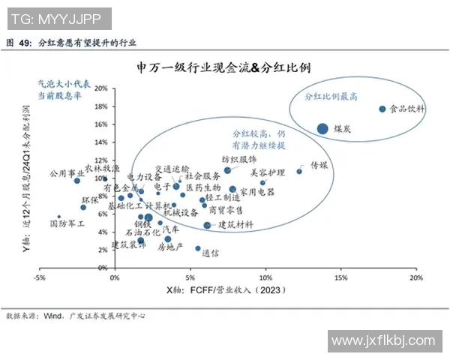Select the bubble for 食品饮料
point(382,109)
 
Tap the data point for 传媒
point(299,171)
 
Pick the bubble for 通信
point(198,248)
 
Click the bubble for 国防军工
point(58,217)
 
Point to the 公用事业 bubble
point(76,181)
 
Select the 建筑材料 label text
point(235,225)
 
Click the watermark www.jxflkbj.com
point(382,342)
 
